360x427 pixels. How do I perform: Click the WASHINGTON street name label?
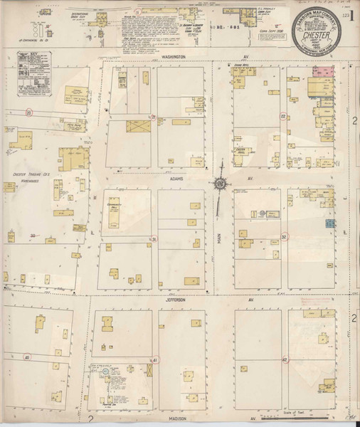click(x=173, y=56)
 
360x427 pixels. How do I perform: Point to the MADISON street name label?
click(x=174, y=418)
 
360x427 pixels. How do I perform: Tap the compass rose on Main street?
click(x=221, y=185)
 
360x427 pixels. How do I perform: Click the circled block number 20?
click(x=28, y=112)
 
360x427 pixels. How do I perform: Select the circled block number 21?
click(x=152, y=117)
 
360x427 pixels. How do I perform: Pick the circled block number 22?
click(x=282, y=116)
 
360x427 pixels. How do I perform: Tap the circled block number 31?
click(x=152, y=239)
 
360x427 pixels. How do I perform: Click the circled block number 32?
click(x=283, y=237)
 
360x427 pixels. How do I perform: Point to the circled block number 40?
click(x=27, y=357)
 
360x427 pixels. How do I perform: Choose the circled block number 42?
click(x=284, y=360)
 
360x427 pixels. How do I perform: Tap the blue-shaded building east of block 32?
click(x=330, y=224)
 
